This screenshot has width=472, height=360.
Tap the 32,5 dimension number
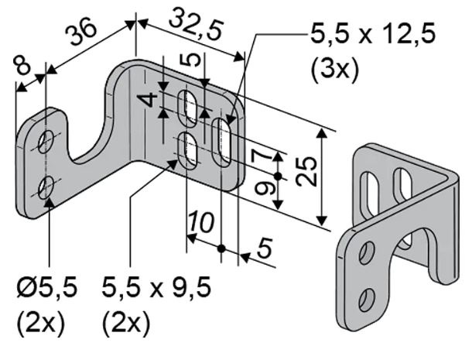click(x=197, y=26)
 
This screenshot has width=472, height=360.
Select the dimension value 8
click(x=22, y=66)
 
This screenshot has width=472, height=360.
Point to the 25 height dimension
click(x=306, y=171)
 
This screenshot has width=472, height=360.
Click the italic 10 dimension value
click(x=201, y=222)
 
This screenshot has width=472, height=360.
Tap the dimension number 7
click(x=262, y=156)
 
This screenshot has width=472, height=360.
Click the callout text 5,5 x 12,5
click(x=373, y=34)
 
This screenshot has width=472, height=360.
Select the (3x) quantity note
click(x=335, y=71)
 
